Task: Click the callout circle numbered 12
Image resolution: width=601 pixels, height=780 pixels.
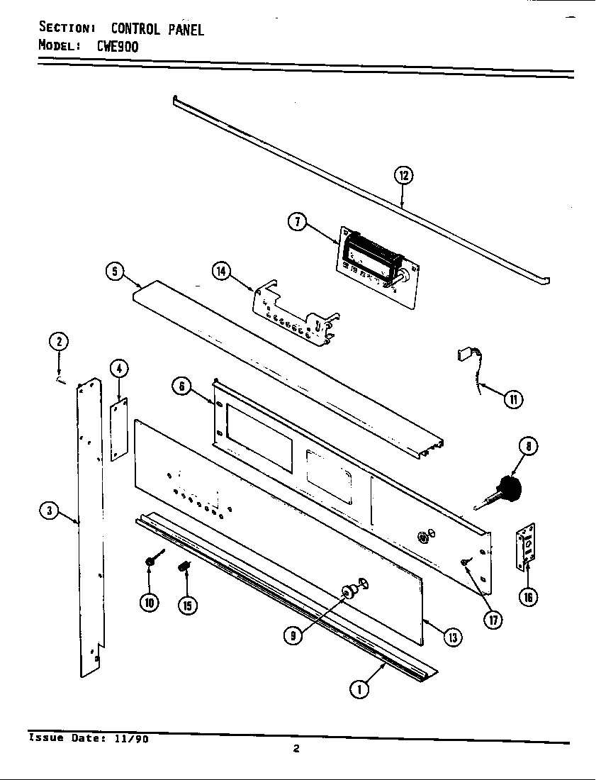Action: pos(403,175)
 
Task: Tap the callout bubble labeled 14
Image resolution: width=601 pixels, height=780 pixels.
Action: pos(222,272)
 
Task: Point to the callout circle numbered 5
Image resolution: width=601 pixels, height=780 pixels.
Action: pos(115,272)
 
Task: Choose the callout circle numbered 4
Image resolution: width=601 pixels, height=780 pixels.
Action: pos(119,368)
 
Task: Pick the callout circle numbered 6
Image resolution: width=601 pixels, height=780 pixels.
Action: pos(182,386)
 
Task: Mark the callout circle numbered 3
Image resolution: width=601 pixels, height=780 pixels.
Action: pos(49,511)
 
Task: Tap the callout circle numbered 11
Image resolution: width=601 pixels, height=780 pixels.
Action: pos(512,399)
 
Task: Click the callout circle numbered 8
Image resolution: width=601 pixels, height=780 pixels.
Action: pos(528,447)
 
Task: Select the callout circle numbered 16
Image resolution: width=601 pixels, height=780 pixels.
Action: pos(527,597)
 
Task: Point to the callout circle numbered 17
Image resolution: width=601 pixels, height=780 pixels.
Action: pos(493,619)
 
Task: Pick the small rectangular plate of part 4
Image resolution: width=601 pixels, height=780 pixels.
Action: pos(118,429)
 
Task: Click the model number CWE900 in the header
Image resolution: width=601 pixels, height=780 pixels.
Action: pos(113,47)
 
